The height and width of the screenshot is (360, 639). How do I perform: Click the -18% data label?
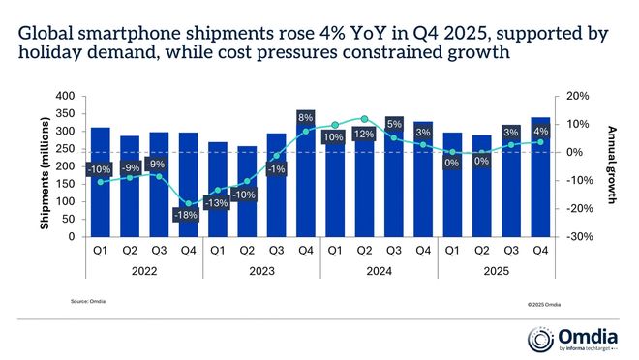[189, 215]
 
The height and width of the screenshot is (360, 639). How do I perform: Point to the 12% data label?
[364, 133]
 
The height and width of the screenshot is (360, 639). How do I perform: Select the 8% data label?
[307, 118]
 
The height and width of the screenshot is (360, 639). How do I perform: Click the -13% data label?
[218, 203]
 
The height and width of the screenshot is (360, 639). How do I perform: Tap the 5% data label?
[394, 124]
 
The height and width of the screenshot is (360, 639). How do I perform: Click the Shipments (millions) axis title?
[46, 166]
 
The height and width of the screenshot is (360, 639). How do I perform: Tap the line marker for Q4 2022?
[190, 204]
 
